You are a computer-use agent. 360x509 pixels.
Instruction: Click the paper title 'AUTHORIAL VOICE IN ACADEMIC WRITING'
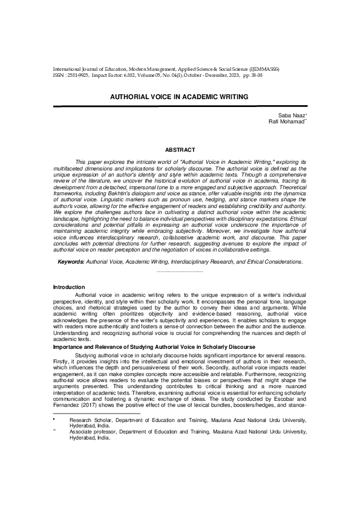[x=179, y=97]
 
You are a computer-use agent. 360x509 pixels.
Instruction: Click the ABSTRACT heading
[x=180, y=149]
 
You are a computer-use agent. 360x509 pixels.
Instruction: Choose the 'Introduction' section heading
[x=69, y=287]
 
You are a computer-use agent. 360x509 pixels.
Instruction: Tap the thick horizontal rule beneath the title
[x=180, y=106]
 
